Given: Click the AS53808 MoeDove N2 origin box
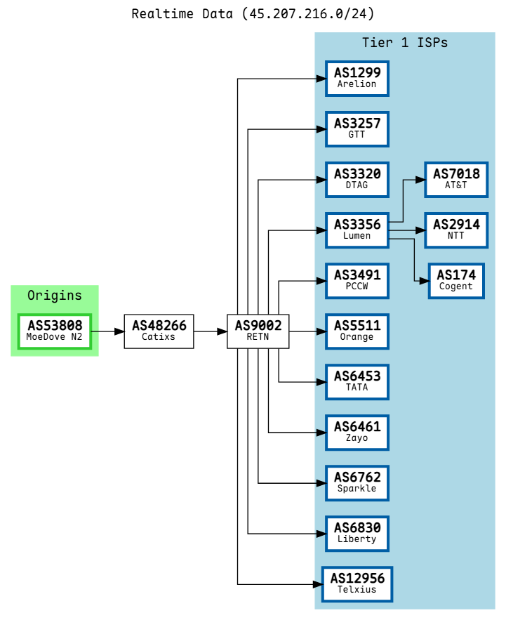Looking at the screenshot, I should pos(55,331).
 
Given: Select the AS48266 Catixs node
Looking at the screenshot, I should pos(159,331).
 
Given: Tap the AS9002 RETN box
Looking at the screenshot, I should pos(258,331).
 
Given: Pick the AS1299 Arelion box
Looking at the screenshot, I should pos(357,79).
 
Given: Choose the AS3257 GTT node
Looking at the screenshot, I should pos(357,129).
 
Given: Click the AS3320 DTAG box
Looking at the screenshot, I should pos(357,180).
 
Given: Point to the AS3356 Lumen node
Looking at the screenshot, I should pos(357,230).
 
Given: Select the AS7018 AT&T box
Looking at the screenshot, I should pos(456,180).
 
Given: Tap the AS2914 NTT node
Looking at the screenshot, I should pos(456,230).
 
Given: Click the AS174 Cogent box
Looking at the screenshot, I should pos(456,281).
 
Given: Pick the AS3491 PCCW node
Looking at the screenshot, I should pos(357,281).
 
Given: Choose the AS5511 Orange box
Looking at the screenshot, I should pos(357,331).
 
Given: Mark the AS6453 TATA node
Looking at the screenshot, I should pos(357,382).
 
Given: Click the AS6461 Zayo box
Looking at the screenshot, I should pos(357,433).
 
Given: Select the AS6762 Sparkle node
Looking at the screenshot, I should pos(357,483).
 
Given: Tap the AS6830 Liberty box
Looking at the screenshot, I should pos(357,534).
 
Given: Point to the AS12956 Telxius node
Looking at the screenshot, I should pos(357,584).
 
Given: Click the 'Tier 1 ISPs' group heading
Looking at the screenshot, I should pos(405,43).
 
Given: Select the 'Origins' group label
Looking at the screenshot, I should pos(55,296).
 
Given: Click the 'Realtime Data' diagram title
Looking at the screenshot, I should pos(253,14).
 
